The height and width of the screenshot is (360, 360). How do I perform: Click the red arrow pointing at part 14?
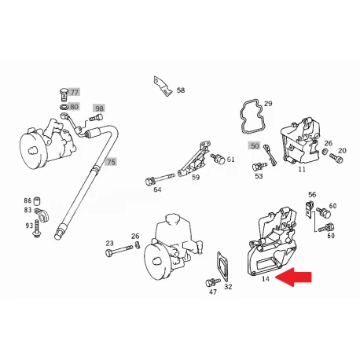(x=293, y=277)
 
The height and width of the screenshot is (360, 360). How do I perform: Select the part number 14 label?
(x=266, y=279)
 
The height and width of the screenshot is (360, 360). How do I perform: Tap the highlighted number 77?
(x=75, y=92)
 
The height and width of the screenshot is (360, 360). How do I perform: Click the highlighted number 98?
(x=99, y=108)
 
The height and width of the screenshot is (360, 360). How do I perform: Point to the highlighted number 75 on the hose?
(x=111, y=162)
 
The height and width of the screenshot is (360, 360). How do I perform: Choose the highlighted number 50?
(x=255, y=145)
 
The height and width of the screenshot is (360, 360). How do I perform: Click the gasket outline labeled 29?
(x=252, y=116)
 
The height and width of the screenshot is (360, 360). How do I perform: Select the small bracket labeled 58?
(x=163, y=86)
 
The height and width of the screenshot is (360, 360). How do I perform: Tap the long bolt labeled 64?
(x=160, y=178)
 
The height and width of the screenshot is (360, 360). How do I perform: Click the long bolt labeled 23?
(x=119, y=250)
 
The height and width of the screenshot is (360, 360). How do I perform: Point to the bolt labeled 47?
(x=212, y=282)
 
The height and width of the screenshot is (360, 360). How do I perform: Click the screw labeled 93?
(x=36, y=228)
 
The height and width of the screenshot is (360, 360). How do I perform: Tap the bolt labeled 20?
(x=336, y=158)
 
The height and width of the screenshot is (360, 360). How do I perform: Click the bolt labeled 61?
(x=218, y=158)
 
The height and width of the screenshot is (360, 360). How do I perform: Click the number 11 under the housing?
(x=302, y=169)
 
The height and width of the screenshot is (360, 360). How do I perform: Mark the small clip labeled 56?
(x=310, y=209)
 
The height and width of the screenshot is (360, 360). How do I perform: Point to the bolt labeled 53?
(x=259, y=166)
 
